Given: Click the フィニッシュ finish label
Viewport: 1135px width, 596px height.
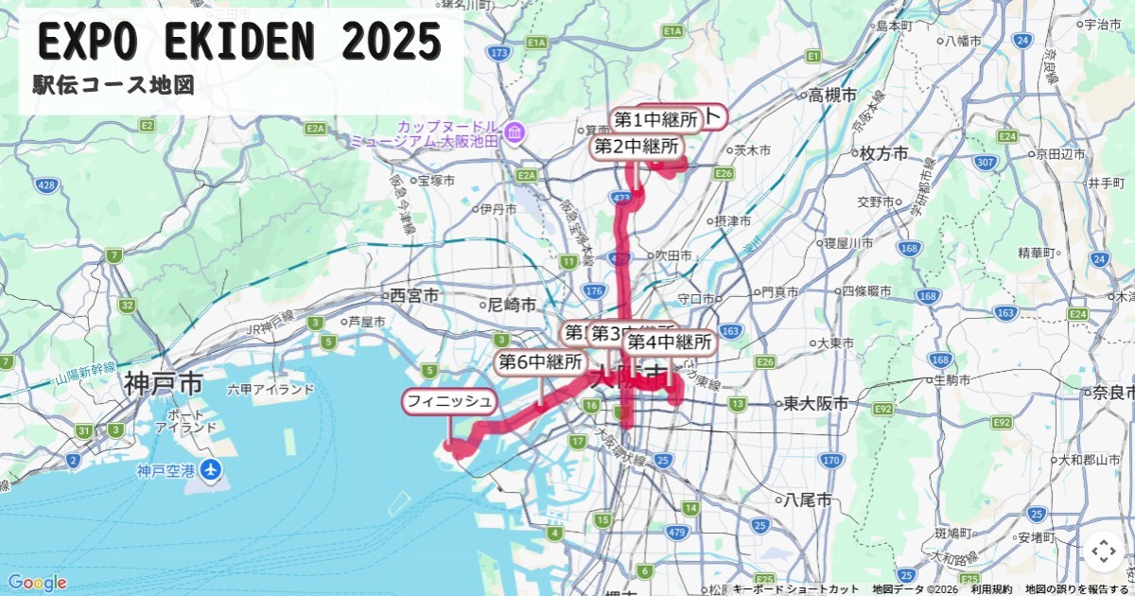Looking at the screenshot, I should coord(450,402).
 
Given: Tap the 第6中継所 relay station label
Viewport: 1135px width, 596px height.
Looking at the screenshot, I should coord(540,362).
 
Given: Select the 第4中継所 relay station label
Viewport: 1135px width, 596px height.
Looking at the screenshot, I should coord(670,342).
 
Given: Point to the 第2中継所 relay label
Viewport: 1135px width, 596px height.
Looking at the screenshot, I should coord(637,147).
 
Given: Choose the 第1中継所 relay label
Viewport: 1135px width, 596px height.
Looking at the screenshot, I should coord(655,120).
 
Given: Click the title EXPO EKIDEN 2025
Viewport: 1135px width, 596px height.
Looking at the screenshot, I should coord(240,42).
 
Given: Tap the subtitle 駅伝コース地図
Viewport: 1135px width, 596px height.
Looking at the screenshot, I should coord(113,86).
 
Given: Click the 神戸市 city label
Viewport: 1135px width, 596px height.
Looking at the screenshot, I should coord(163,383).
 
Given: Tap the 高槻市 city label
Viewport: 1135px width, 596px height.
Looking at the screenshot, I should coord(832,95).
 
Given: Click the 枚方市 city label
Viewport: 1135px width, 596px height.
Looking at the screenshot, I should coord(883,153).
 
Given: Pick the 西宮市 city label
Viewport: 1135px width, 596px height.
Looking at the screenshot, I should coord(413,295).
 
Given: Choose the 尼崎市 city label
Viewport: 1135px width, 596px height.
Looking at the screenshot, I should coord(512,305).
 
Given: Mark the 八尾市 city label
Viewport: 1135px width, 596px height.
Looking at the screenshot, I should coord(807,499).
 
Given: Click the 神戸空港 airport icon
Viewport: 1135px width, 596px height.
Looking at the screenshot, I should coord(210,469).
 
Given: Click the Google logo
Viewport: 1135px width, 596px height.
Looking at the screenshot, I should coord(37,583).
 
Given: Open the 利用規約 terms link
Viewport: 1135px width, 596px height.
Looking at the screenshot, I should coord(991,589).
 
